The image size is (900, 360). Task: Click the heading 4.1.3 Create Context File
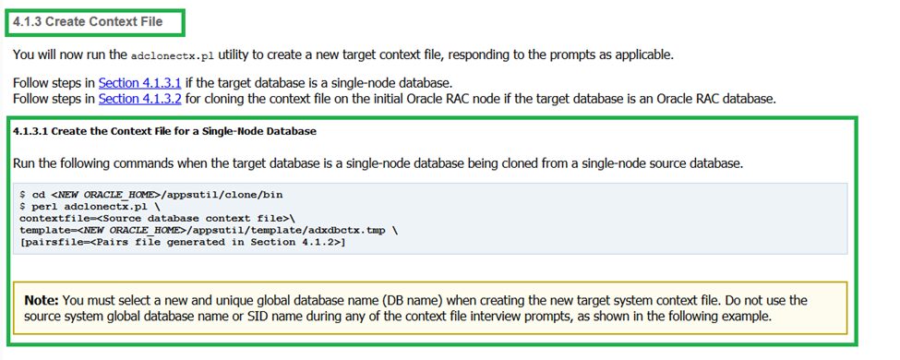tap(88, 22)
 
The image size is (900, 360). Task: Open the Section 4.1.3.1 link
tap(140, 83)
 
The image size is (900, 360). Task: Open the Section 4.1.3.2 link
tap(140, 99)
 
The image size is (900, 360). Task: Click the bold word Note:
tap(41, 300)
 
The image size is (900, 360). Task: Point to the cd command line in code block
tap(151, 195)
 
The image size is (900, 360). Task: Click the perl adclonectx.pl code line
tap(90, 206)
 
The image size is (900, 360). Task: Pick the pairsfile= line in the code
tap(182, 242)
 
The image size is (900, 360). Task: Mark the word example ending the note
tap(749, 317)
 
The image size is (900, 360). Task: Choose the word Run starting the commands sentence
tap(23, 163)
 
